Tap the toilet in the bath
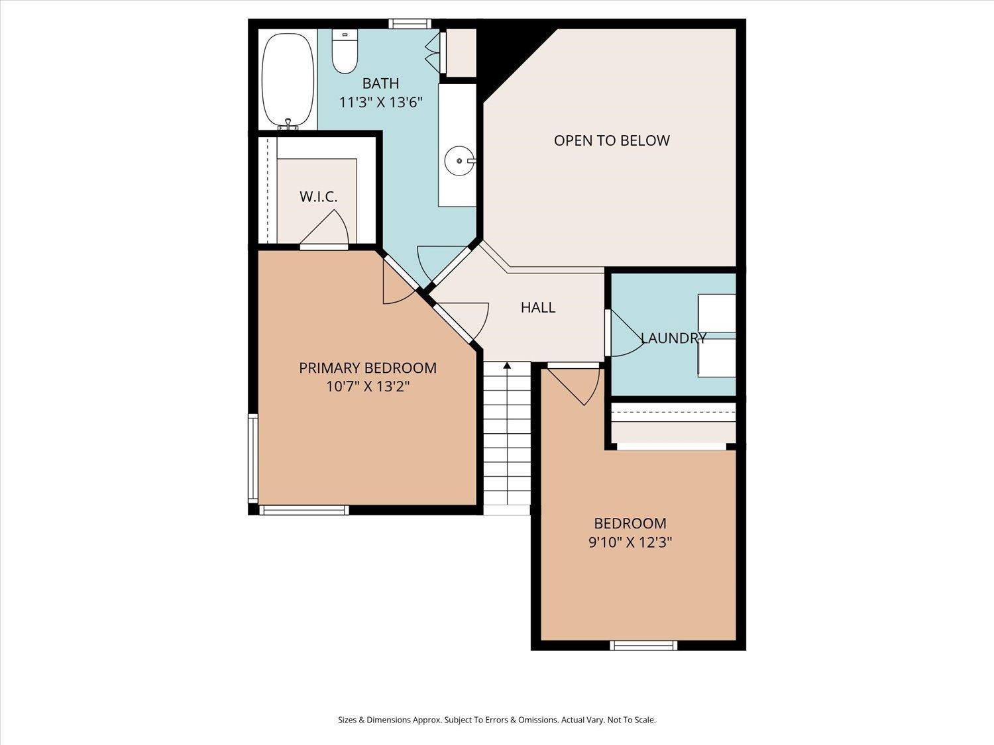(x=345, y=52)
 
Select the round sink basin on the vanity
(x=459, y=160)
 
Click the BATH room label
(x=380, y=83)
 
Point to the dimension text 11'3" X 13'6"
(x=380, y=103)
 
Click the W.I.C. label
(x=318, y=197)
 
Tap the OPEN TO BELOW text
(x=612, y=140)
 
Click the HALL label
(x=537, y=307)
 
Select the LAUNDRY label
(x=673, y=338)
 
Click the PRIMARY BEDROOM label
(x=367, y=368)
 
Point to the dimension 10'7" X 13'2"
(x=367, y=387)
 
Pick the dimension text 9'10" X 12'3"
(x=630, y=542)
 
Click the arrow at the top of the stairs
(x=507, y=366)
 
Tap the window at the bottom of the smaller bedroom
(x=643, y=644)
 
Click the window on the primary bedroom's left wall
(x=252, y=457)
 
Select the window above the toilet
(x=410, y=24)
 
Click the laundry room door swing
(x=623, y=334)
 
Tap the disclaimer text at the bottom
(x=496, y=720)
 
